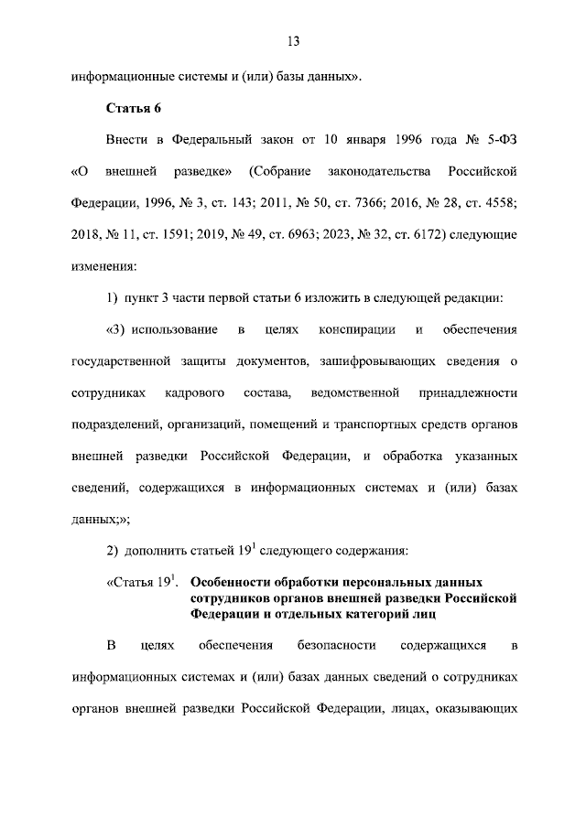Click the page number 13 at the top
(293, 41)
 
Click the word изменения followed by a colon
(103, 266)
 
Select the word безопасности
(337, 647)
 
